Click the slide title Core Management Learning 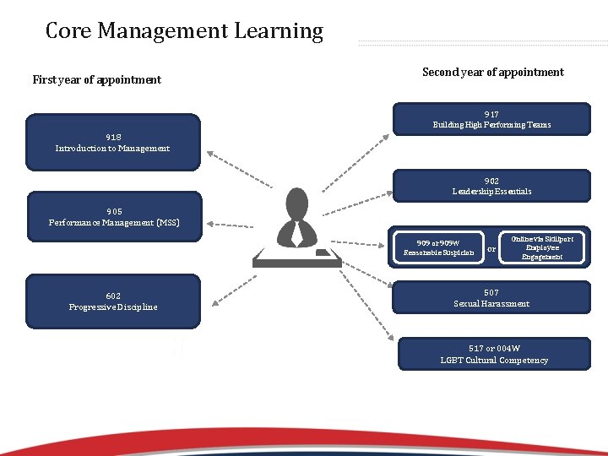click(184, 32)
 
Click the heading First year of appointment click(96, 80)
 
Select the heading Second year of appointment click(492, 73)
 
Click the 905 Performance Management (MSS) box click(114, 217)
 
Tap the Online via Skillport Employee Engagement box click(544, 247)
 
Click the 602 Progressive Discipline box click(113, 301)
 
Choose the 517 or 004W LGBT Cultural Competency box click(494, 354)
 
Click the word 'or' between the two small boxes click(491, 248)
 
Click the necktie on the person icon click(297, 232)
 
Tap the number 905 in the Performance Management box click(114, 212)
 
